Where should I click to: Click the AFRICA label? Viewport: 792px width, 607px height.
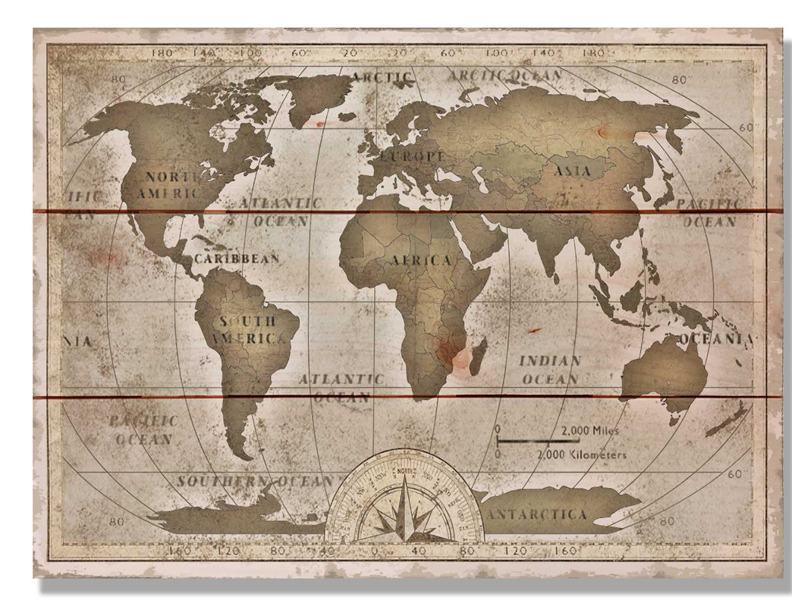(421, 260)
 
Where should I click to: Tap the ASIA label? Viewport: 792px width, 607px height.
(573, 171)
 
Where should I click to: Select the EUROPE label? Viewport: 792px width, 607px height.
(414, 156)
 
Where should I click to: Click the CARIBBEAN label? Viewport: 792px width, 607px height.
(237, 259)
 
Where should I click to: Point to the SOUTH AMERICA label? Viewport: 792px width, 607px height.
(249, 330)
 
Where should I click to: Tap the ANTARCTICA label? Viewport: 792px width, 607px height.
(539, 514)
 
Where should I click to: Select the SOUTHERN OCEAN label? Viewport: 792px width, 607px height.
(256, 481)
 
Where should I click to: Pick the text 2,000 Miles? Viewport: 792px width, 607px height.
(590, 430)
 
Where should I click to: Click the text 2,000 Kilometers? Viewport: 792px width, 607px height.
(581, 454)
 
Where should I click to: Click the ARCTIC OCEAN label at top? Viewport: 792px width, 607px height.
(504, 75)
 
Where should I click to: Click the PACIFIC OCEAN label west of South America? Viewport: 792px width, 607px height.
(143, 429)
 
